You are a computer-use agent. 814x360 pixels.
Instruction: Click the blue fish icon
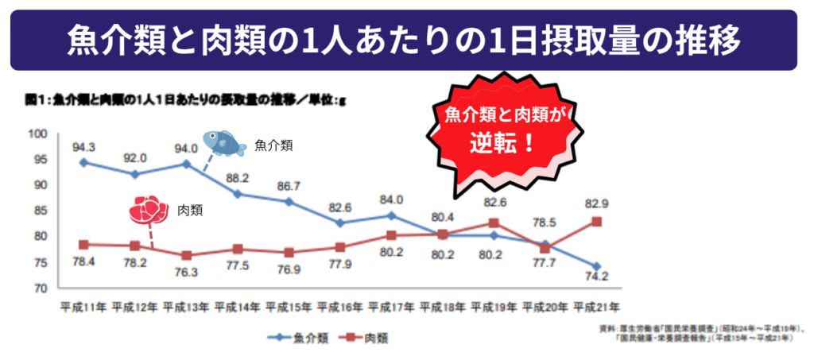point(223,143)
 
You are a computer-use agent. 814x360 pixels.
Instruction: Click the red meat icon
point(149,210)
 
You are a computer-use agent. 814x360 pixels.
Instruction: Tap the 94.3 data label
point(83,146)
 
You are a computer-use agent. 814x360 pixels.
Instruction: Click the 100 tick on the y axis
point(38,134)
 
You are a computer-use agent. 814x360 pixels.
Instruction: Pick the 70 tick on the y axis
point(41,288)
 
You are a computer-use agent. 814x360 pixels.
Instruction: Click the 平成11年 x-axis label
point(83,305)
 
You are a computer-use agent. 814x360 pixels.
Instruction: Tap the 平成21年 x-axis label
point(596,305)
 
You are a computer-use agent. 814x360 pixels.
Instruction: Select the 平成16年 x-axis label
point(340,305)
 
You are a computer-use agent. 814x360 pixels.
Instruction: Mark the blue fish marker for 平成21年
point(596,266)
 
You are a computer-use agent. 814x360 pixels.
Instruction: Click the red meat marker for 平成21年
point(596,222)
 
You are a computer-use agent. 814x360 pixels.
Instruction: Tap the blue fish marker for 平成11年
point(83,162)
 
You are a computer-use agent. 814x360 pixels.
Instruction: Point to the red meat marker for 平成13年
point(186,255)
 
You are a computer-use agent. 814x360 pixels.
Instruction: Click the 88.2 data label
point(238,179)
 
